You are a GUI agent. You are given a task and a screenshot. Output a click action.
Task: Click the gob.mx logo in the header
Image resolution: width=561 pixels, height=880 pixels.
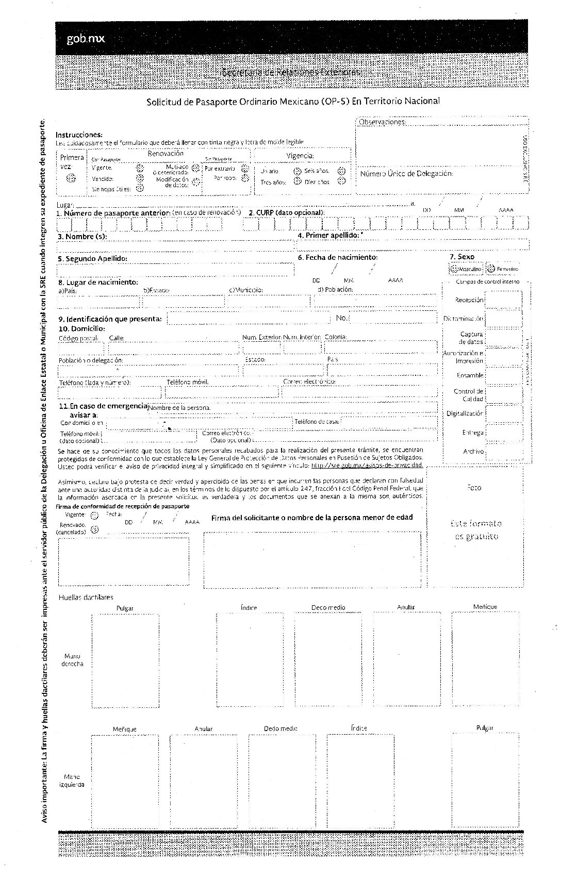[86, 39]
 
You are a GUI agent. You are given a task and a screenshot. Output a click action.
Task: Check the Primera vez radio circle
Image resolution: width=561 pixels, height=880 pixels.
[72, 178]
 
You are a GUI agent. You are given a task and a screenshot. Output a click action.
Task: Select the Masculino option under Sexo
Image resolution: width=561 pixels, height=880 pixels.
[454, 269]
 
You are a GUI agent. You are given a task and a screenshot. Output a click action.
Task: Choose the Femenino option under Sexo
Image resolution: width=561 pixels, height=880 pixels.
[491, 269]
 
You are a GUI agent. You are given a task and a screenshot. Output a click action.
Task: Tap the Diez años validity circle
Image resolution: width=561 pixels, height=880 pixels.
[341, 181]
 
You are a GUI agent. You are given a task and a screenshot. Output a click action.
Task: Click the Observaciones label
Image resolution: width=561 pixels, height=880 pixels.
[382, 122]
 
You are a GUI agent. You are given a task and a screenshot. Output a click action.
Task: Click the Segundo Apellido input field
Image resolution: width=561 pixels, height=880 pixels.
[175, 270]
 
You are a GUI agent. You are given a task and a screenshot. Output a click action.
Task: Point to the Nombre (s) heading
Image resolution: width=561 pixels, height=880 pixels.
[82, 237]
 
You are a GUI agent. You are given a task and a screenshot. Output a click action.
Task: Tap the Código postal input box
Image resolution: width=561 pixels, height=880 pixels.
[80, 348]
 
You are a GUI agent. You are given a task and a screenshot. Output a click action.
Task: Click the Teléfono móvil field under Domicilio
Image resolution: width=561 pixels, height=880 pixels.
[222, 392]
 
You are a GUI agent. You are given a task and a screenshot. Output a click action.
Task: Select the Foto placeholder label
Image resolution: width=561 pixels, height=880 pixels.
[474, 487]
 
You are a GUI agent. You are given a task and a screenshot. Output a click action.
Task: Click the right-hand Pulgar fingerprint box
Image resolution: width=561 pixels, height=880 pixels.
[125, 660]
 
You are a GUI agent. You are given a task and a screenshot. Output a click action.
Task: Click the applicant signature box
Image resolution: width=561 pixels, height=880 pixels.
[312, 560]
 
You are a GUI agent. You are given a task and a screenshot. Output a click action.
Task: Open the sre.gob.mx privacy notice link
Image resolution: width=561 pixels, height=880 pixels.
[367, 465]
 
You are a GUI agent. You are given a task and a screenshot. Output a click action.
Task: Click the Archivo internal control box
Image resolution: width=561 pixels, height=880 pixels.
[503, 452]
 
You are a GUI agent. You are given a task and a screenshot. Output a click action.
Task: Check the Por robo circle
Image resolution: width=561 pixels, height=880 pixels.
[245, 178]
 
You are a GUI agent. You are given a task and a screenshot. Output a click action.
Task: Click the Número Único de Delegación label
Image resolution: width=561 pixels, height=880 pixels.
[406, 174]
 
